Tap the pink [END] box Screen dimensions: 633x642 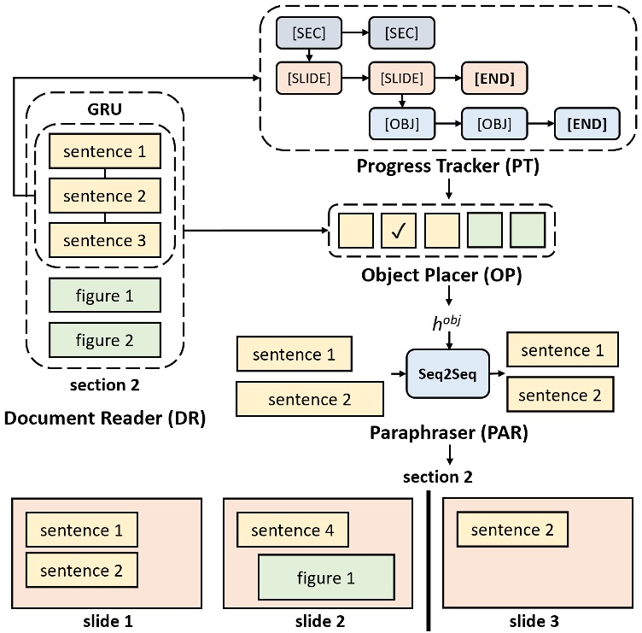pos(493,79)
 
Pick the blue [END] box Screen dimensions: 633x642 pos(587,124)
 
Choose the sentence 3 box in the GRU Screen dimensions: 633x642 pos(105,240)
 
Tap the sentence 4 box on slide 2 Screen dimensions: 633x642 pos(292,530)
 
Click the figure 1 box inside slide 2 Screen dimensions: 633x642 pos(325,577)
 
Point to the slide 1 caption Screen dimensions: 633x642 pos(107,618)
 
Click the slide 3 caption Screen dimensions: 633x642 pos(534,618)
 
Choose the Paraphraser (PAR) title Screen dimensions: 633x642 pos(450,433)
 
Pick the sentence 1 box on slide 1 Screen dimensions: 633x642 pos(82,530)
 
